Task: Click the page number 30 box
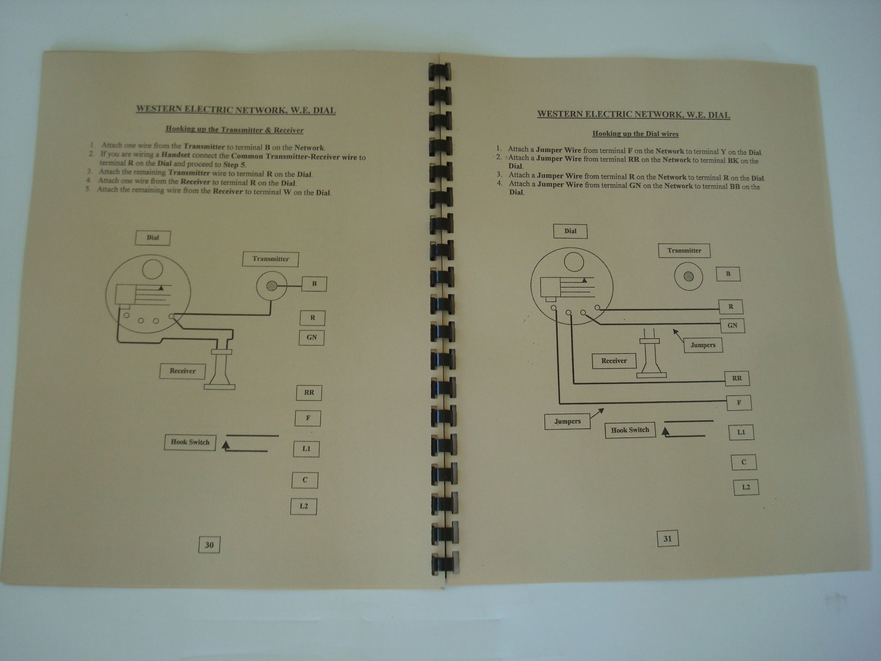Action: click(x=209, y=545)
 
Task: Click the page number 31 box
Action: click(x=667, y=539)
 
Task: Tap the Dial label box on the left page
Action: click(x=153, y=237)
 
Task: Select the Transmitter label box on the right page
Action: click(x=684, y=250)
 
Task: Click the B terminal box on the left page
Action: click(x=314, y=283)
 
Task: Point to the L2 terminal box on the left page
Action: click(x=304, y=506)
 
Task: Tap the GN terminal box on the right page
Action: click(x=732, y=325)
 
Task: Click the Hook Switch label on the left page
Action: click(x=190, y=442)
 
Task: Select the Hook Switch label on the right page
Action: click(x=630, y=430)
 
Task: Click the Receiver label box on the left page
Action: click(x=183, y=371)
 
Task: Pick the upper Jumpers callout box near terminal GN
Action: click(x=703, y=344)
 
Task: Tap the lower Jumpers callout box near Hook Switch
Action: click(x=568, y=422)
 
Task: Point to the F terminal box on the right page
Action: click(x=739, y=402)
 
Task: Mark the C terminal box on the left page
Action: click(x=305, y=480)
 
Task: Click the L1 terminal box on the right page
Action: click(x=741, y=433)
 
